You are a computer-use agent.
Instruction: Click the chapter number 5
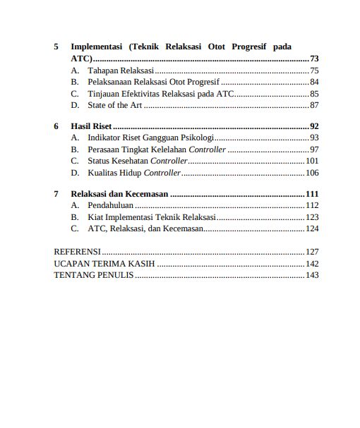[x=56, y=47]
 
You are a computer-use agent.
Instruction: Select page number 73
[x=314, y=59]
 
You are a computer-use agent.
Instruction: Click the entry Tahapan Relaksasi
[x=120, y=71]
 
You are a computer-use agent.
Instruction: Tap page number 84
[x=314, y=82]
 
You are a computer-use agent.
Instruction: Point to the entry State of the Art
[x=114, y=105]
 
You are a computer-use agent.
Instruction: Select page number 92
[x=314, y=126]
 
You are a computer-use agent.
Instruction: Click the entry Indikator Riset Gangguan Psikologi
[x=150, y=137]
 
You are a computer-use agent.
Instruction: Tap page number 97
[x=314, y=149]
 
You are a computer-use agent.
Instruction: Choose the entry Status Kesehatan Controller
[x=138, y=161]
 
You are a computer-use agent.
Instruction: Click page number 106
[x=312, y=173]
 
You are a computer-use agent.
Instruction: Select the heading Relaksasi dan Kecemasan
[x=119, y=194]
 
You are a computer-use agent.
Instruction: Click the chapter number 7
[x=56, y=194]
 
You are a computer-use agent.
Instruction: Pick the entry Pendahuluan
[x=111, y=205]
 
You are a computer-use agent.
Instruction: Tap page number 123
[x=312, y=217]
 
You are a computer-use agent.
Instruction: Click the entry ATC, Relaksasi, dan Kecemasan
[x=145, y=228]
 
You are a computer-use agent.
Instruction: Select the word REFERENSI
[x=77, y=252]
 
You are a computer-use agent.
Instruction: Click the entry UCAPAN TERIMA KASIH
[x=104, y=264]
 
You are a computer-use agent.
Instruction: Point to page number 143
[x=312, y=275]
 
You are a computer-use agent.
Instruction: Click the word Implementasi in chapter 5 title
[x=97, y=47]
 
